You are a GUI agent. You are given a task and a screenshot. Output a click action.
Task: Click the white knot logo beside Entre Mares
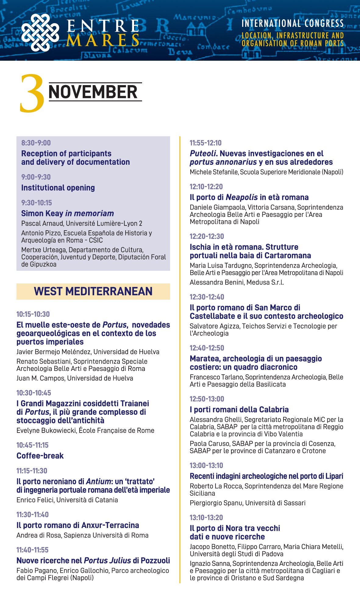coord(40,33)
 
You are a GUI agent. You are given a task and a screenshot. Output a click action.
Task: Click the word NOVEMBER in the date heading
coord(93,92)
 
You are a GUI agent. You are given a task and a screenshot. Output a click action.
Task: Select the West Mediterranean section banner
coord(93,291)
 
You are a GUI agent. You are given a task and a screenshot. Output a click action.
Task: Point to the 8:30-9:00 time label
coord(36,143)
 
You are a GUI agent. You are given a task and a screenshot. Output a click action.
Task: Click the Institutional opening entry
coord(58,188)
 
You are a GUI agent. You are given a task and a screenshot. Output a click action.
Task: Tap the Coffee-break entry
coord(40,456)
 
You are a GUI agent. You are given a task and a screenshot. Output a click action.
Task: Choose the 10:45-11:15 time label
coord(32,445)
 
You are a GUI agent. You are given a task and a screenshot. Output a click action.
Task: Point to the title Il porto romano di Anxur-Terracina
coord(78,525)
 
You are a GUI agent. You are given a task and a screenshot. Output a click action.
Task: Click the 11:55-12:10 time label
coord(205,143)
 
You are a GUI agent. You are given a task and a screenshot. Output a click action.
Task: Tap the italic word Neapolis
coord(241,197)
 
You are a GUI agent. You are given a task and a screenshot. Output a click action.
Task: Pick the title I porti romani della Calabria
coord(239,409)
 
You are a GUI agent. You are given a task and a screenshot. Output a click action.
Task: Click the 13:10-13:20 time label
coord(206,517)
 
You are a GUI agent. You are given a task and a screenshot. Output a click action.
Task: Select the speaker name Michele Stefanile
coord(214,172)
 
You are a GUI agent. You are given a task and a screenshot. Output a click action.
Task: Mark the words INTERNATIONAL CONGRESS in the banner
coord(293,23)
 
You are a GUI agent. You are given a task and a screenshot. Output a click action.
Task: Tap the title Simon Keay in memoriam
coord(67,213)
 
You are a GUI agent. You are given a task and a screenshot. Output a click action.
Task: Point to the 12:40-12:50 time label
coord(207,348)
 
